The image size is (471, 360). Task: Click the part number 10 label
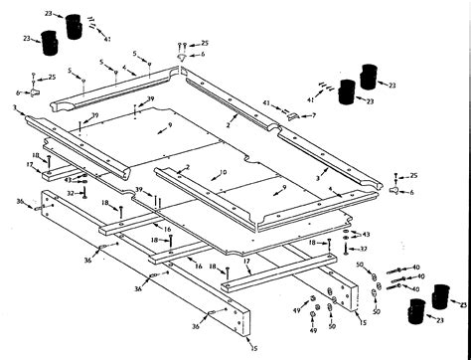click(x=224, y=173)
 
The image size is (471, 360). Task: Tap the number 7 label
click(x=314, y=115)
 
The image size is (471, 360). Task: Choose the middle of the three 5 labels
click(x=101, y=64)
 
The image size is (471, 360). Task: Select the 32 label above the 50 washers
click(x=364, y=250)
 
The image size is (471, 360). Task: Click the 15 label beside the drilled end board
click(x=361, y=323)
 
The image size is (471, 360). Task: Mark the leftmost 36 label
click(x=19, y=201)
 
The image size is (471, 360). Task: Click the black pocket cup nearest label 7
click(x=347, y=92)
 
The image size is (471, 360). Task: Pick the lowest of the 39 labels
click(x=138, y=189)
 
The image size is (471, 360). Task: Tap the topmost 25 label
click(x=205, y=44)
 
